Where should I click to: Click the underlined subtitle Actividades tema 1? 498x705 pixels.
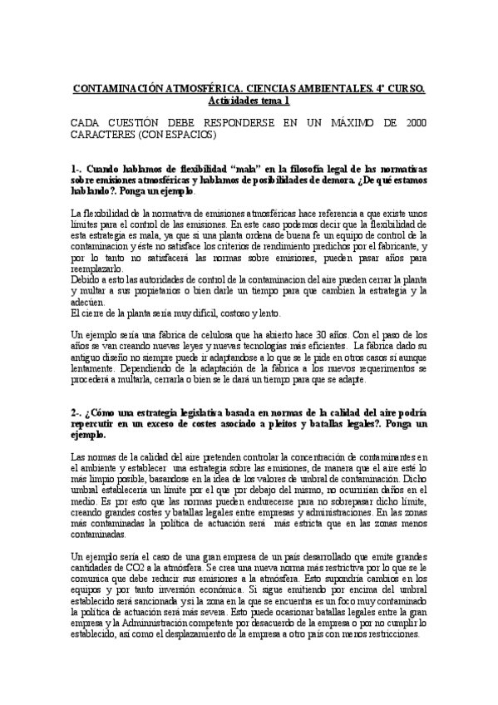tap(249, 100)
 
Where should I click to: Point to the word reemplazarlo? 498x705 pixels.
tap(96, 269)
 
